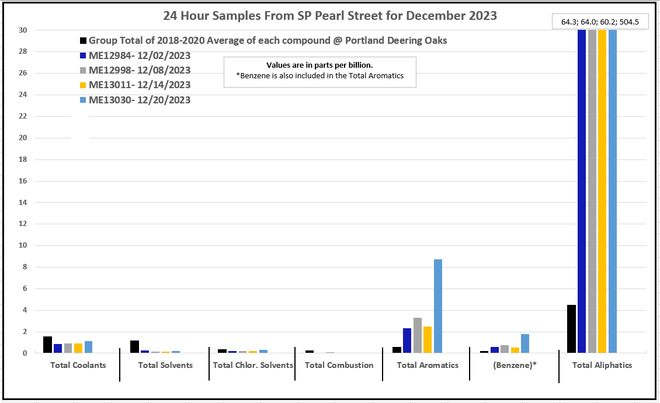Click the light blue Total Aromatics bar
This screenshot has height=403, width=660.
[438, 306]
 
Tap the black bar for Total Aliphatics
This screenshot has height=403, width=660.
[572, 329]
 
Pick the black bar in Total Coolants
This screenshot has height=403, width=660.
[47, 345]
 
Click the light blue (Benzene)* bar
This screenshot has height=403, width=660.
[525, 343]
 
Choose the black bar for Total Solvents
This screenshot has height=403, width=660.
[134, 346]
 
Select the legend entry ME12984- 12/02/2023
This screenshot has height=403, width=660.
[140, 55]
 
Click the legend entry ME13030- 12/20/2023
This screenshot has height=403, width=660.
[140, 100]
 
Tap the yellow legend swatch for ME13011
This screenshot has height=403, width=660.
[84, 85]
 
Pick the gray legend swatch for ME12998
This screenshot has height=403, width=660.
[84, 71]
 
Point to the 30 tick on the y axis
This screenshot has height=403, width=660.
[23, 30]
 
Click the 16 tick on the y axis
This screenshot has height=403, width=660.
[23, 181]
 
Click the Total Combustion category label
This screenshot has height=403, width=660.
[339, 366]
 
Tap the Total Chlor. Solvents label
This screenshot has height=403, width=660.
[253, 366]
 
